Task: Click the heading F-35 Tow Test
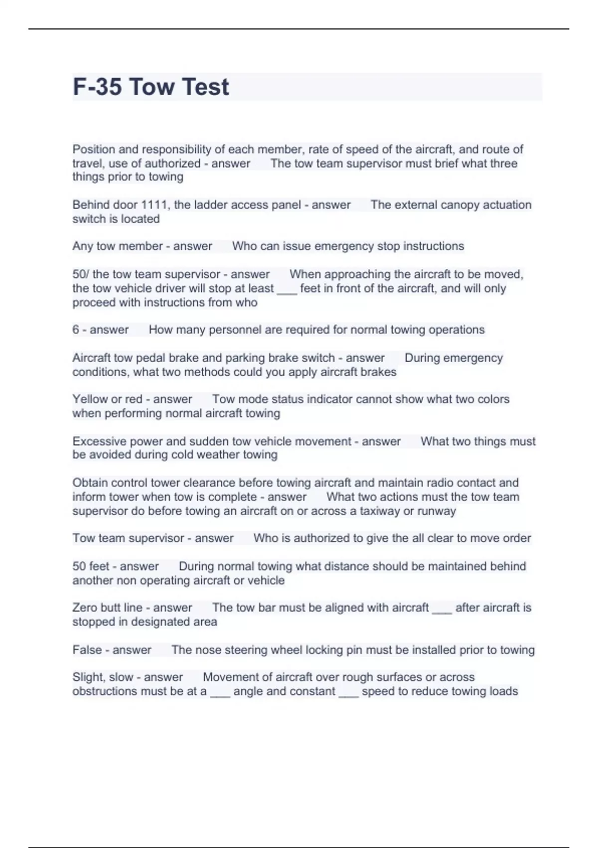pos(151,87)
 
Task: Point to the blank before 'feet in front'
pos(287,290)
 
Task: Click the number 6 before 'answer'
pos(76,330)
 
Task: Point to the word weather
pos(218,455)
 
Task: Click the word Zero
pos(85,608)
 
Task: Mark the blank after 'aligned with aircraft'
pos(442,609)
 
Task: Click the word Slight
pos(88,677)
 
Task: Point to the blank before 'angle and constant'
pos(220,693)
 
